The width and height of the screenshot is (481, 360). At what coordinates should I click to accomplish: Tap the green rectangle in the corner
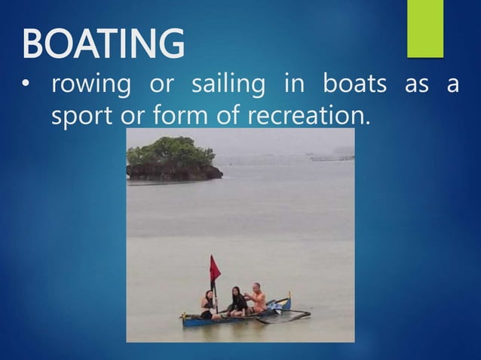(424, 28)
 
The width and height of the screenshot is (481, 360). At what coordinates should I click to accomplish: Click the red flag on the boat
(215, 268)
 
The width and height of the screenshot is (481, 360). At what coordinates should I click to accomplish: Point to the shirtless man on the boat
(258, 297)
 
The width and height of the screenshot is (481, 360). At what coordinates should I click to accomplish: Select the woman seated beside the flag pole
(207, 304)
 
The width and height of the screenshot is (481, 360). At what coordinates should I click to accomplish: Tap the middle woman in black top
(237, 301)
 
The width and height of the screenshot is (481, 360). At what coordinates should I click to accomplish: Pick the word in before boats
(293, 84)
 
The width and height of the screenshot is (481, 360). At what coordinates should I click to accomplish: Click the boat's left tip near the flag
(185, 319)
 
